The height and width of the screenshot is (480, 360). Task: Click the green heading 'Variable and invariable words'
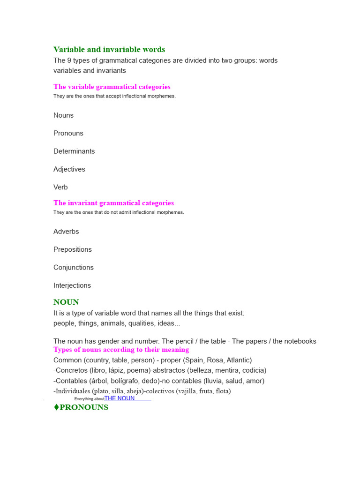click(x=109, y=50)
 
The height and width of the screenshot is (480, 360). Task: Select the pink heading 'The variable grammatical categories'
click(x=112, y=87)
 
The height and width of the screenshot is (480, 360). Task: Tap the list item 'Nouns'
click(x=63, y=115)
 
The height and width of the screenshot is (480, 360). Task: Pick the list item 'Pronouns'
click(x=68, y=133)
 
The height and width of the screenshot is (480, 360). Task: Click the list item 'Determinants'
click(x=74, y=151)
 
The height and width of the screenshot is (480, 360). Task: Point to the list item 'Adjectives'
click(x=69, y=169)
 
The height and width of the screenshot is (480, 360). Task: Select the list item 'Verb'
click(x=60, y=187)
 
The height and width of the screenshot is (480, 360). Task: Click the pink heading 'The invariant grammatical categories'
click(x=113, y=203)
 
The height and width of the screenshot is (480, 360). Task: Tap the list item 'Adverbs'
click(x=66, y=232)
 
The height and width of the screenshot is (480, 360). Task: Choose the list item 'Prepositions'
click(x=73, y=249)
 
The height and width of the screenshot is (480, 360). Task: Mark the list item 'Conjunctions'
click(x=74, y=267)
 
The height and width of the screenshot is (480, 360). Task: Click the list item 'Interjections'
click(x=72, y=285)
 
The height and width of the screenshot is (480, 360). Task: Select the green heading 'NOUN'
click(x=66, y=302)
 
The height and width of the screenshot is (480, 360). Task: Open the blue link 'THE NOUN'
click(x=120, y=398)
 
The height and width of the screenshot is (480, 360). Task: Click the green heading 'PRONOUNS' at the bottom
click(x=84, y=407)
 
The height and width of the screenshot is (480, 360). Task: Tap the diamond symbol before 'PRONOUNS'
click(x=56, y=407)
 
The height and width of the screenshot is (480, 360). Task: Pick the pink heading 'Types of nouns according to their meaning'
click(x=121, y=350)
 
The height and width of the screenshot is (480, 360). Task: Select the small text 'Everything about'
click(x=89, y=399)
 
